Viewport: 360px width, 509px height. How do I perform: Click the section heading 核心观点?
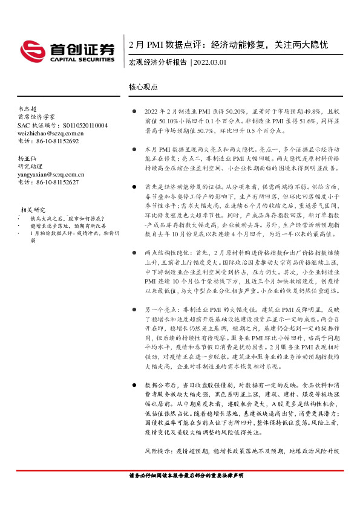point(143,87)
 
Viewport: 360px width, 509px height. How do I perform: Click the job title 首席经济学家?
point(36,117)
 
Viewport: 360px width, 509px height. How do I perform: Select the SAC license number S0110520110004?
point(82,125)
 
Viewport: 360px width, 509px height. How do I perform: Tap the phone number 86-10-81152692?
point(55,140)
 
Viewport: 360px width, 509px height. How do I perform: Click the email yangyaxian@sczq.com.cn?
point(51,173)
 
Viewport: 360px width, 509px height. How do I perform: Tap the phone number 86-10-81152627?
point(55,181)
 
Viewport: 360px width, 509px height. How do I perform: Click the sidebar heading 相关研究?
point(33,209)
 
